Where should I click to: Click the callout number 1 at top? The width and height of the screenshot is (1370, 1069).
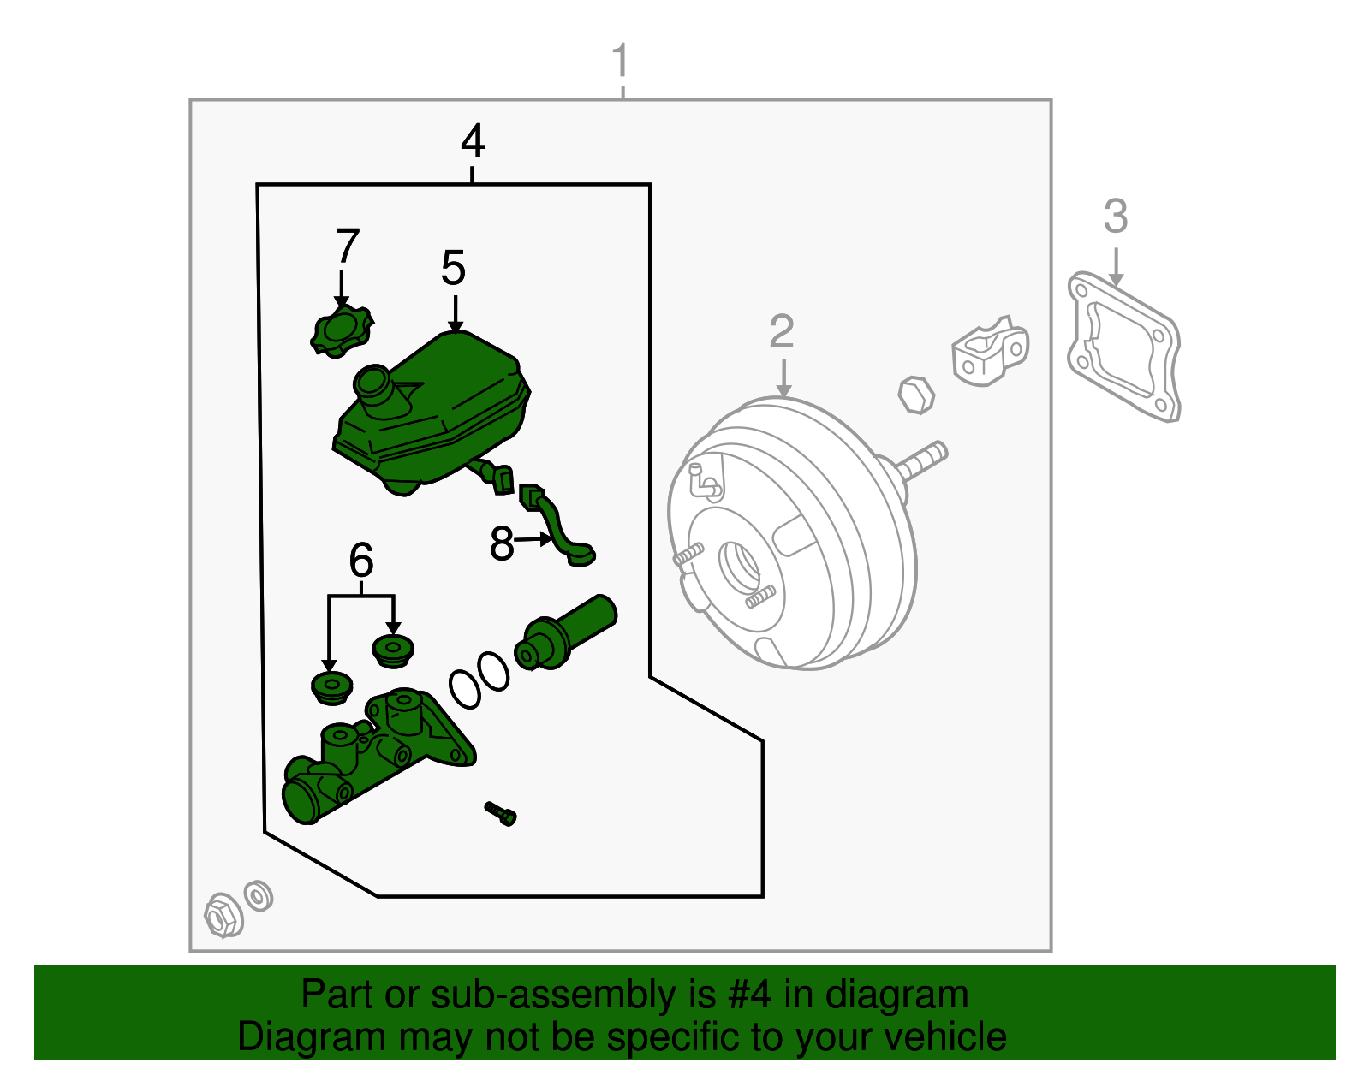pos(621,62)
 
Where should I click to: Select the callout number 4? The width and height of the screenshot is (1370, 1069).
pos(473,141)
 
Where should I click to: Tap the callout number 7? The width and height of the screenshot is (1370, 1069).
pos(347,246)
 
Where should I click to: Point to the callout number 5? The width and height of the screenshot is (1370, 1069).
pos(453,269)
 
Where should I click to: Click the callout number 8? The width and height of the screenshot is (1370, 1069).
pos(502,543)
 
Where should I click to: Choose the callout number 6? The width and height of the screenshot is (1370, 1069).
pos(361,561)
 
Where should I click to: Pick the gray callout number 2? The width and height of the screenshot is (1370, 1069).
pos(781,332)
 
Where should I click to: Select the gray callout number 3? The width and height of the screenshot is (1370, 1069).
pos(1115,217)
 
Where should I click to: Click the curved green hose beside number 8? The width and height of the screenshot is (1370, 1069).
pos(557,526)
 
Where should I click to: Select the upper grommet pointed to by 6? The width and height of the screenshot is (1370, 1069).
pos(393,650)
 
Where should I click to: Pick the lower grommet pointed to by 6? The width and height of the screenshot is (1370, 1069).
pos(331,687)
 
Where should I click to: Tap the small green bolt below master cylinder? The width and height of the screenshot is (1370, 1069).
pos(501,812)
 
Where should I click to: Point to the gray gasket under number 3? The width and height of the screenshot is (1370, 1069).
pos(1123,347)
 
